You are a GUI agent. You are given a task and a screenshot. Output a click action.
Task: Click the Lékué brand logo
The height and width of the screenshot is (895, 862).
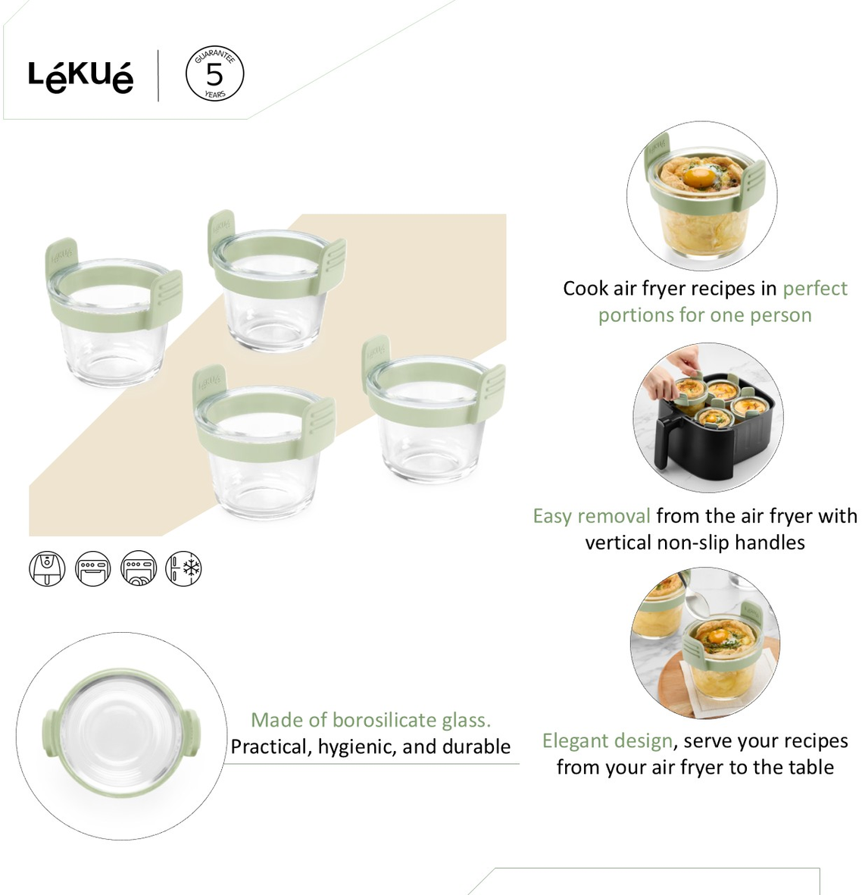click(80, 77)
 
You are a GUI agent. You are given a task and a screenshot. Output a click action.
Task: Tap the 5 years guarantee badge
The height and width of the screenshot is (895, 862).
click(214, 74)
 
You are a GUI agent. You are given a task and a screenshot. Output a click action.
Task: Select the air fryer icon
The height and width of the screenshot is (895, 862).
click(47, 568)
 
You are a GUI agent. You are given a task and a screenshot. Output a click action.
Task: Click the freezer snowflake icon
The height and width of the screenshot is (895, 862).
click(184, 568)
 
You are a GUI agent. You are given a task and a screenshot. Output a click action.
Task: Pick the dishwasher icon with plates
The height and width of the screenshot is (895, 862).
click(139, 568)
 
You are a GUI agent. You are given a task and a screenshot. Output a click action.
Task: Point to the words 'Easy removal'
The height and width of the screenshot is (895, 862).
click(592, 516)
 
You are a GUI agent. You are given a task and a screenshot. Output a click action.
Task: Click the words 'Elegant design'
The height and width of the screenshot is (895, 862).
click(607, 741)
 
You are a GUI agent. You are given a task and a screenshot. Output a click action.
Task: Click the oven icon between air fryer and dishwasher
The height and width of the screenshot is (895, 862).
click(93, 568)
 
